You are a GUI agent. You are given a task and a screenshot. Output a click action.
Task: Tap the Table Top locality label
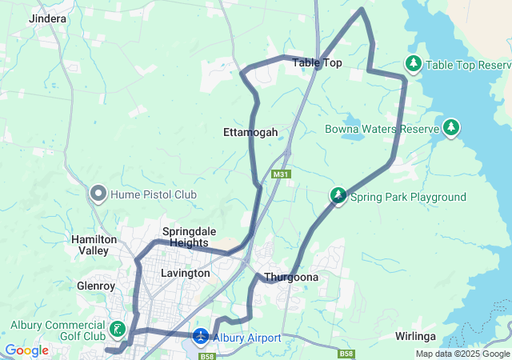pos(317,62)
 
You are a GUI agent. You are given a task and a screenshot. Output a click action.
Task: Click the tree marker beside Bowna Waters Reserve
pos(452,128)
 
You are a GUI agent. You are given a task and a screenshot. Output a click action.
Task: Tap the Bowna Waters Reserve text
pos(382,129)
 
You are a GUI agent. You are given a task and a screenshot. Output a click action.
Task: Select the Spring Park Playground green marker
pos(339,196)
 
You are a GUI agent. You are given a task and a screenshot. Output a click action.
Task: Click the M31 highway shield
pos(279,174)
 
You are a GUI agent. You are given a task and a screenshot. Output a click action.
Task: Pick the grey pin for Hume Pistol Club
pos(98,193)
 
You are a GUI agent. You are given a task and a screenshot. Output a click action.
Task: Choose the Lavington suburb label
pos(186,273)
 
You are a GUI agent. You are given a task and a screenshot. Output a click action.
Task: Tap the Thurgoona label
pos(291,278)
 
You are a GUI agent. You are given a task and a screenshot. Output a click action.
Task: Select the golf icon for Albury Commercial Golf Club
pos(118,329)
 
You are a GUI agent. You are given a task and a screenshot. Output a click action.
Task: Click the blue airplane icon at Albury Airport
pos(200,338)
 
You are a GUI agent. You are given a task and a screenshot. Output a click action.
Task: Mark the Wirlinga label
pos(415,337)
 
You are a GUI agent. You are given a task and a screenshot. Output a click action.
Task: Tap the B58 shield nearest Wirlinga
pos(346,354)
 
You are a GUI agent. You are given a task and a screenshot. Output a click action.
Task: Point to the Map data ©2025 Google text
pos(462,354)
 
